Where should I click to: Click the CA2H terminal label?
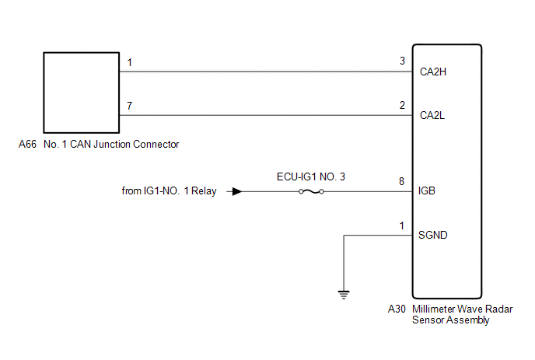click(433, 72)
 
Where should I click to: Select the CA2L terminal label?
click(432, 115)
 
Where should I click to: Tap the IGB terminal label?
click(427, 190)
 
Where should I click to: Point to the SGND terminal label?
click(432, 235)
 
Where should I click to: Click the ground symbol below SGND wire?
click(344, 295)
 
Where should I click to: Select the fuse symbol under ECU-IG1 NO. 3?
click(311, 192)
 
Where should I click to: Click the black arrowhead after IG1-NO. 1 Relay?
click(237, 191)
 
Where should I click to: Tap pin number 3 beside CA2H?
click(402, 61)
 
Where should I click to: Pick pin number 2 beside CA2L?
click(402, 105)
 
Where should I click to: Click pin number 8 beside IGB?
click(401, 181)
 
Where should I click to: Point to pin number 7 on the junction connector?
click(129, 106)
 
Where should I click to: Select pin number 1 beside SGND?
click(402, 225)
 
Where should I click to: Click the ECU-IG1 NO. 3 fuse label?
click(311, 177)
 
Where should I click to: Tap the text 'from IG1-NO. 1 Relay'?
click(169, 190)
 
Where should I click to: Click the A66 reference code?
click(27, 145)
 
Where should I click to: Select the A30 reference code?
click(397, 309)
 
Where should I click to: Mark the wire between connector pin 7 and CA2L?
click(266, 115)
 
